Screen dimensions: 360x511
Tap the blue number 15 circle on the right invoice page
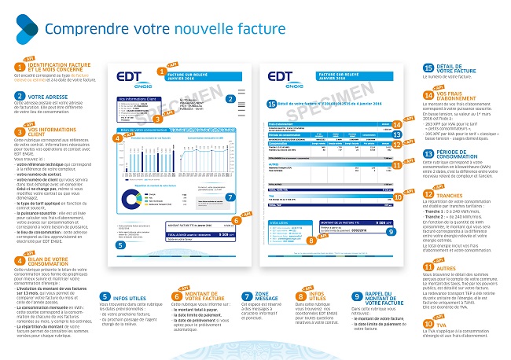[x=271, y=103]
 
